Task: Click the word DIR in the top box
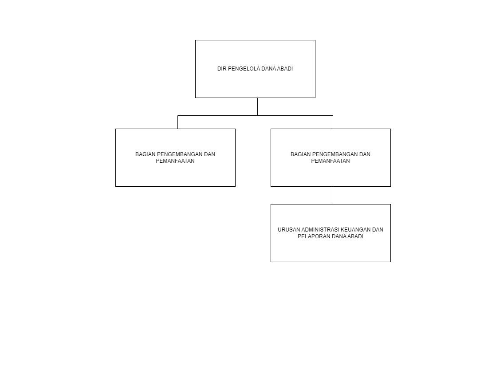(221, 69)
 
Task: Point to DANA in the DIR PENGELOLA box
(268, 69)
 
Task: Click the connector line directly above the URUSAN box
(333, 195)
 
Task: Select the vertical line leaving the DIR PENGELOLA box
(257, 107)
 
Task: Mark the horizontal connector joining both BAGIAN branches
(255, 116)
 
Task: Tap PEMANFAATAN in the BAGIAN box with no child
(175, 161)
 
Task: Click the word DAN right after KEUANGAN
(378, 230)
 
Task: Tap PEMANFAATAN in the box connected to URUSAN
(331, 161)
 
